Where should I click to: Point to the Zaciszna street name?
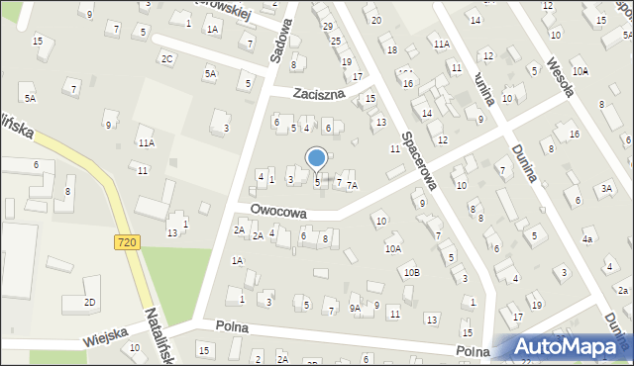coord(318,95)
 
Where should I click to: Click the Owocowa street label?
coord(278,212)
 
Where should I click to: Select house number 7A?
coord(352,185)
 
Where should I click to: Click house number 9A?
coord(355,308)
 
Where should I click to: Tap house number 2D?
coord(89,302)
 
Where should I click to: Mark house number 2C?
coord(167,58)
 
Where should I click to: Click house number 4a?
coord(587,239)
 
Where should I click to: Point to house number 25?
coord(336,41)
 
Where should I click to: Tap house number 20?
coord(375,20)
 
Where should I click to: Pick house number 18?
coord(392,49)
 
